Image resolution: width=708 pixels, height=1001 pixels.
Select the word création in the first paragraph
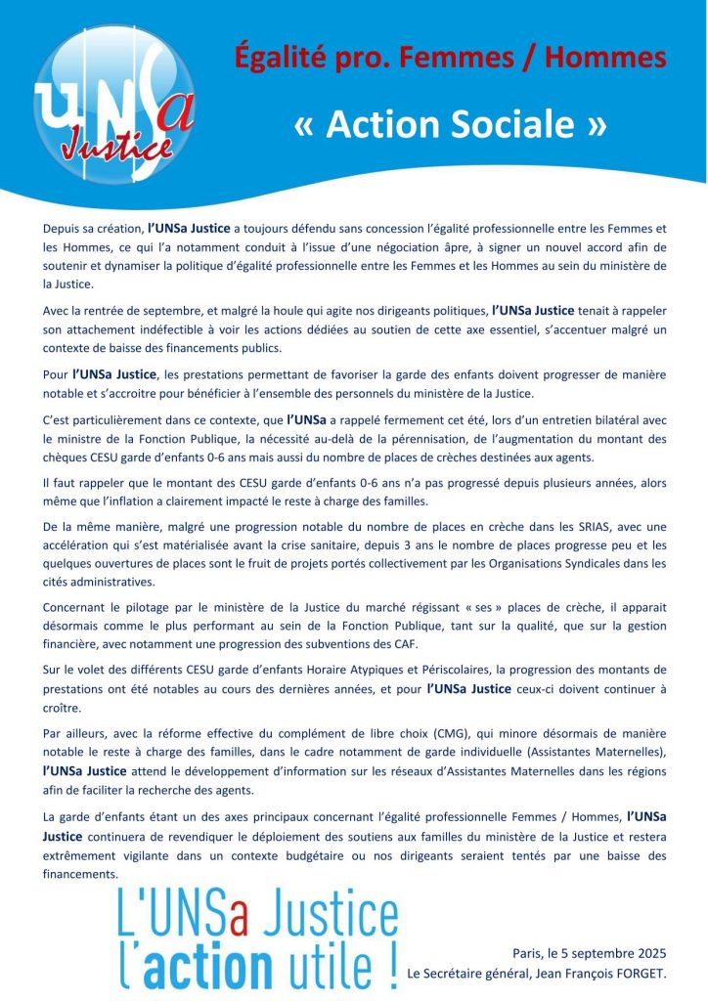pyautogui.click(x=110, y=228)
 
